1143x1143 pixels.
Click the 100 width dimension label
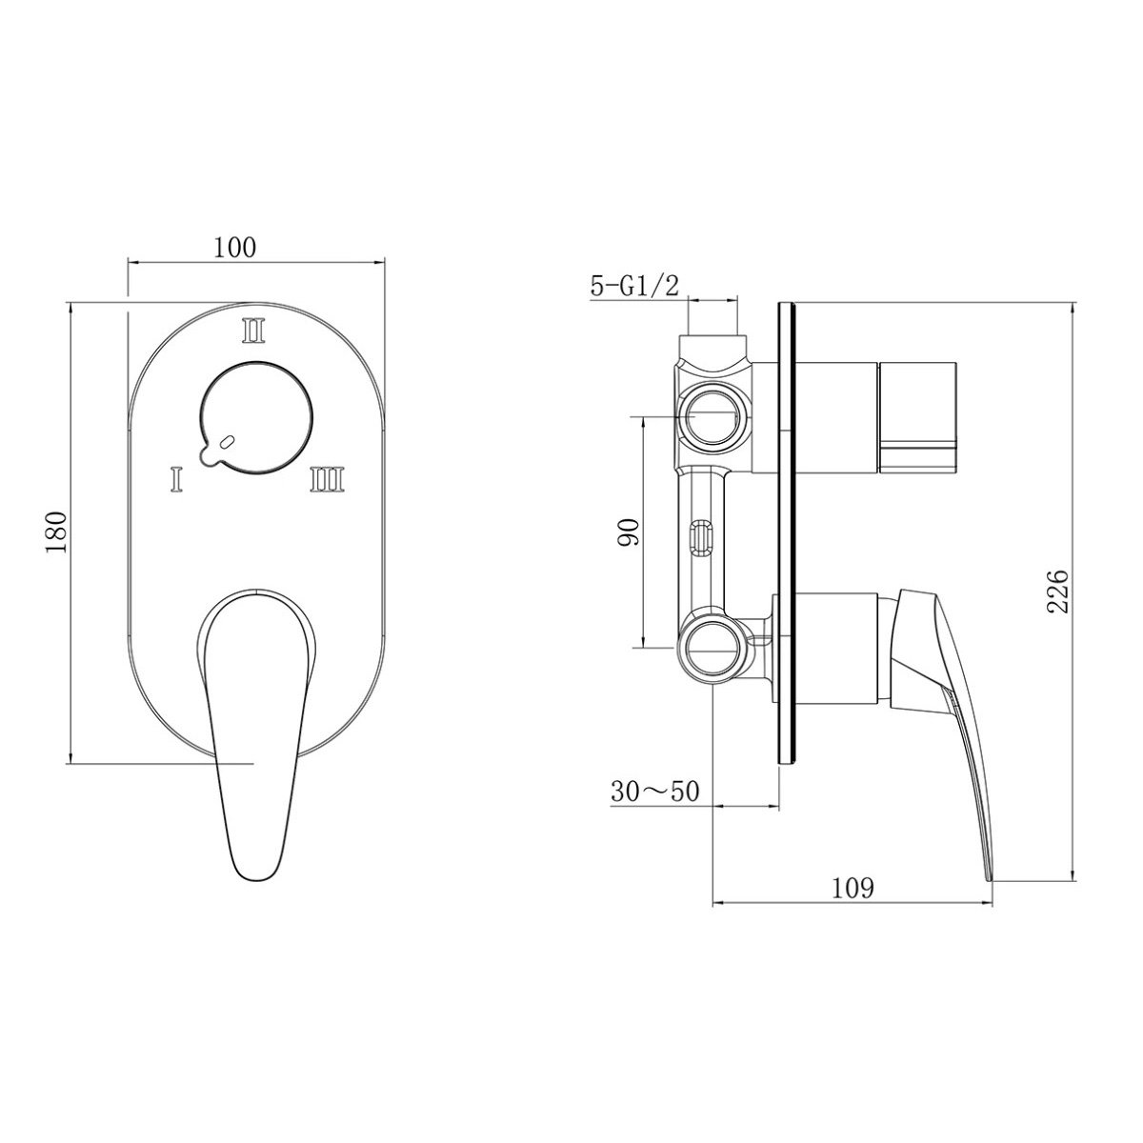(x=234, y=248)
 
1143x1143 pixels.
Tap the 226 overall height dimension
(x=1056, y=591)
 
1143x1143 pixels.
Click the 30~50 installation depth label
(x=654, y=792)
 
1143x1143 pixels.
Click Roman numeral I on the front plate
(x=175, y=479)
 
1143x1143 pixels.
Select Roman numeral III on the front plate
(x=327, y=479)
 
